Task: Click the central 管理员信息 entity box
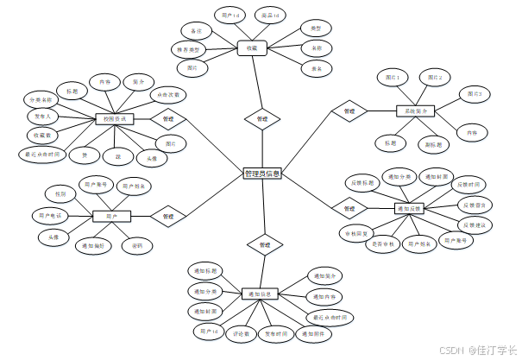(262, 174)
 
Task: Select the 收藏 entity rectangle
(252, 48)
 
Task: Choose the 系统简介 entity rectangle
(412, 111)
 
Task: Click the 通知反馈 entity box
(412, 208)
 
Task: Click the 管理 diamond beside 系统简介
(349, 111)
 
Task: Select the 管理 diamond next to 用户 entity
(168, 216)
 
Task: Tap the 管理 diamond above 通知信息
(264, 246)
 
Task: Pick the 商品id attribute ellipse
(272, 16)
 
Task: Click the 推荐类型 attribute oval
(189, 49)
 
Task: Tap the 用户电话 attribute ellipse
(51, 214)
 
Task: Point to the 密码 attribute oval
(138, 246)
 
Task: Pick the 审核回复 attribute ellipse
(355, 233)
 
